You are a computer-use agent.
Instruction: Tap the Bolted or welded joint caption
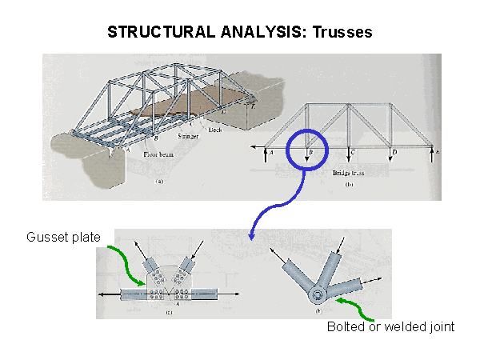pos(390,326)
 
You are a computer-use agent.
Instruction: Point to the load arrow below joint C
pos(349,156)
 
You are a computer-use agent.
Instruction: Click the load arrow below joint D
pos(390,156)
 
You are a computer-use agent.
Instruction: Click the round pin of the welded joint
pos(318,296)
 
